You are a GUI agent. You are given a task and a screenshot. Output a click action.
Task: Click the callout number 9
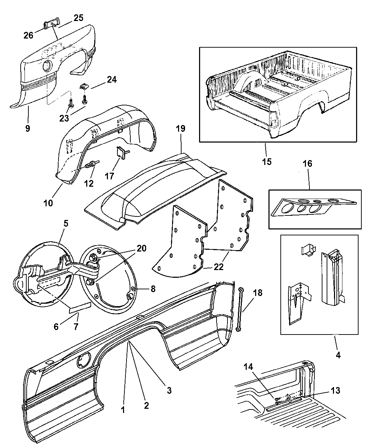pyautogui.click(x=28, y=128)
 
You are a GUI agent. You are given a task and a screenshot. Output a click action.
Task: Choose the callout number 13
pyautogui.click(x=335, y=390)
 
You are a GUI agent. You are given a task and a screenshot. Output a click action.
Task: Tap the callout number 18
pyautogui.click(x=257, y=293)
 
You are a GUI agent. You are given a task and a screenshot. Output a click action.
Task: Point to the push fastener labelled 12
pyautogui.click(x=93, y=164)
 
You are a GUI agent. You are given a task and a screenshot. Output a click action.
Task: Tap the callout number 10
pyautogui.click(x=48, y=202)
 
